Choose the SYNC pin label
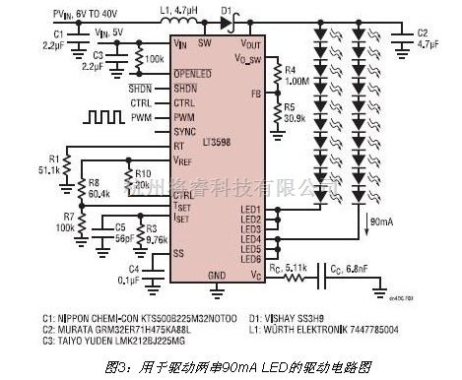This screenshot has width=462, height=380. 183,130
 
